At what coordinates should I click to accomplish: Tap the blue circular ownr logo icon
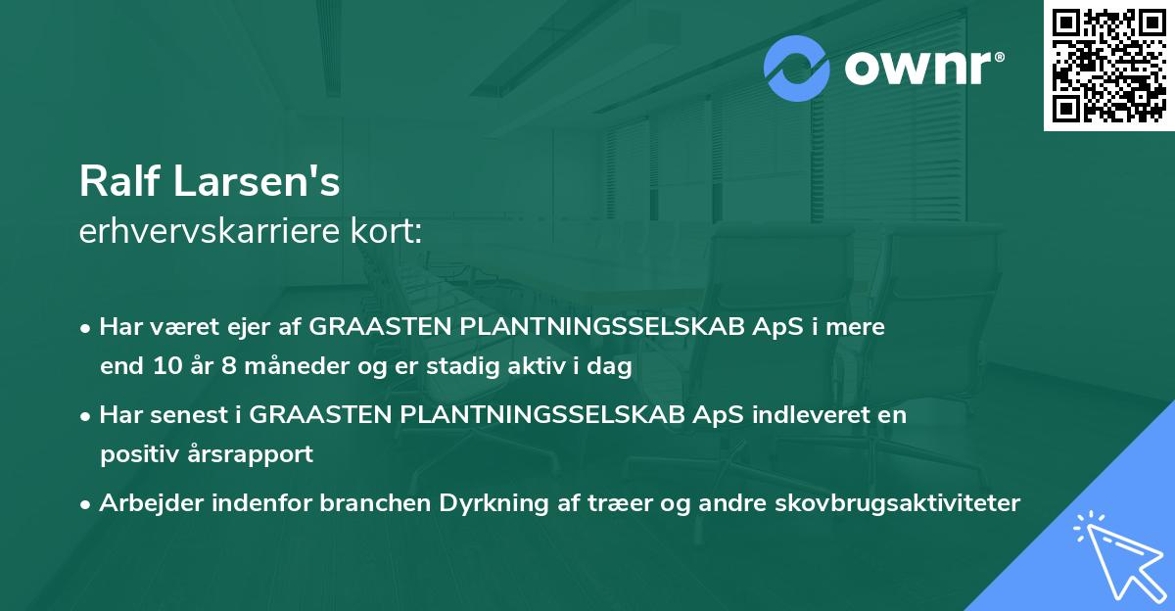(797, 69)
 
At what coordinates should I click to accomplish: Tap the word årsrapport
(258, 454)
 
